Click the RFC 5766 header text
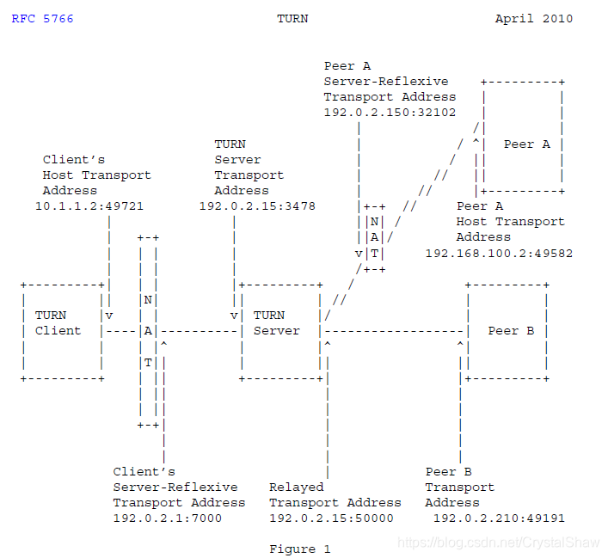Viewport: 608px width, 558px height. coord(42,18)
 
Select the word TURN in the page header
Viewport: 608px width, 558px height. coord(292,18)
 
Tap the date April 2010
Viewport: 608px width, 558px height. coord(533,18)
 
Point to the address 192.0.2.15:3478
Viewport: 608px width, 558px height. coord(257,206)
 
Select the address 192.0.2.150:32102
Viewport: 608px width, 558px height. coord(390,113)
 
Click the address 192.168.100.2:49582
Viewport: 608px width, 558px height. coord(499,253)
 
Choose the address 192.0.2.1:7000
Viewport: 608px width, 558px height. coord(167,518)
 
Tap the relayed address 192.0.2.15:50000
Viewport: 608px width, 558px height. coord(331,518)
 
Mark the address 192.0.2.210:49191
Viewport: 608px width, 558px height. coord(499,518)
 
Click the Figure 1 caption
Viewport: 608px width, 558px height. coord(299,549)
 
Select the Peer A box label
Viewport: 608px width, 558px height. coord(526,144)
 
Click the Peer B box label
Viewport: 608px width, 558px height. coord(511,330)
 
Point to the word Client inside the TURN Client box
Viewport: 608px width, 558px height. coord(58,330)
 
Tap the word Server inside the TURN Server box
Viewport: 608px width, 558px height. coord(277,330)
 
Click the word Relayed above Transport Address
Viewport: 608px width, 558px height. coord(296,487)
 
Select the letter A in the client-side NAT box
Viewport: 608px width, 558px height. coord(148,330)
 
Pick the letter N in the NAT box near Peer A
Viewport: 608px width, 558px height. coord(374,222)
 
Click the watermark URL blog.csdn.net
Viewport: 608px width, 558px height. coord(496,543)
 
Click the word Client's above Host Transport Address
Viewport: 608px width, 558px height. coord(74,159)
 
